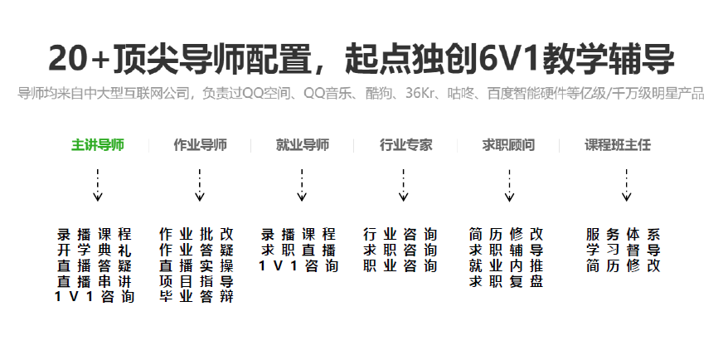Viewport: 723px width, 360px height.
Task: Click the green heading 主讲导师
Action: [x=98, y=145]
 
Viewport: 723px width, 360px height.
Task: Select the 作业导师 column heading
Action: [x=200, y=145]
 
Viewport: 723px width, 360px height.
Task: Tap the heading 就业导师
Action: [x=302, y=145]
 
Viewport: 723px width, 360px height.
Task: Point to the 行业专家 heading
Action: [x=405, y=145]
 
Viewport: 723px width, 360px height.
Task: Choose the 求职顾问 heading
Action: [x=508, y=145]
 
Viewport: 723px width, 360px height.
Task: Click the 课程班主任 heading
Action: [x=618, y=145]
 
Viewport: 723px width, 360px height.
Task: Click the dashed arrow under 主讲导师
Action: [x=98, y=185]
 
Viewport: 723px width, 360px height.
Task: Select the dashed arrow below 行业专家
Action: [x=404, y=185]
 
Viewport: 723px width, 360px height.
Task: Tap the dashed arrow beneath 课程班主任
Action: [x=627, y=185]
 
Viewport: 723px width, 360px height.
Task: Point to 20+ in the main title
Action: [x=78, y=58]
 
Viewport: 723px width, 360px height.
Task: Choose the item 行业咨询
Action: [x=400, y=234]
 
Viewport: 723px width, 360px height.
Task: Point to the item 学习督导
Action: [x=624, y=250]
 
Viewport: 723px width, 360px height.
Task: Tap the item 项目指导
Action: [x=197, y=281]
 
